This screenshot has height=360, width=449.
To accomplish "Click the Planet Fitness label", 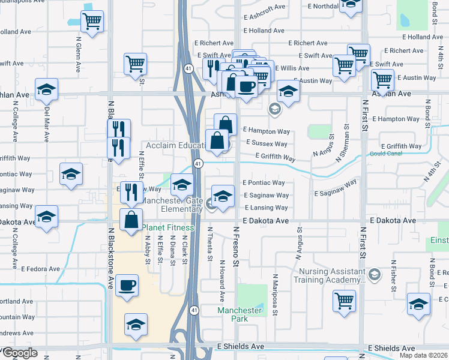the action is pos(168,227).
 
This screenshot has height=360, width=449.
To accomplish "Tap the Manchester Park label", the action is pos(240,314).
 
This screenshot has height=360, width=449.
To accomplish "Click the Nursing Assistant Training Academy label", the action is pos(330,275).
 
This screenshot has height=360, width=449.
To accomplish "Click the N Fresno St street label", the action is pos(236,246).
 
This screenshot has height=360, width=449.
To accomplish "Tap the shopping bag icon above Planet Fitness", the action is pos(131,220).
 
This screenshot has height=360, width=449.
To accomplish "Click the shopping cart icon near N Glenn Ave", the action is pos(92,22).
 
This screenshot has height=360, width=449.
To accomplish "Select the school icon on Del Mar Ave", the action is pos(46,91).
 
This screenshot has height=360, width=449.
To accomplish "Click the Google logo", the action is pos(20,353).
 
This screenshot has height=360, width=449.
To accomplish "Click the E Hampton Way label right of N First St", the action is pos(396,119).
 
